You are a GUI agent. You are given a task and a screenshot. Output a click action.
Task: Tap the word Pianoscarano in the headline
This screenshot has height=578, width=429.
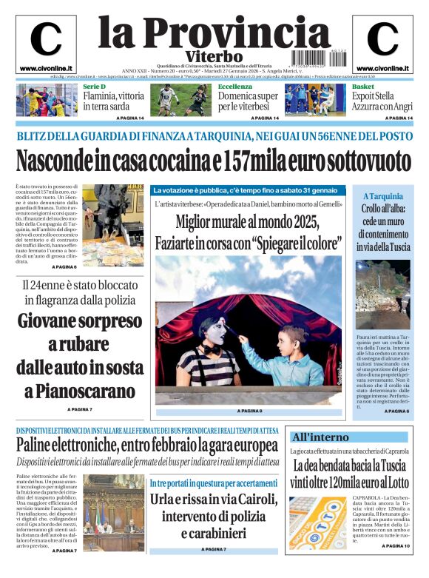[80, 391]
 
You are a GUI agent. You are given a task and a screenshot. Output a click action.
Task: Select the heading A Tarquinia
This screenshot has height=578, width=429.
[383, 196]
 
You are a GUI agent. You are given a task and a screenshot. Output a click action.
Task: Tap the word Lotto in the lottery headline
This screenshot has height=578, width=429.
[396, 483]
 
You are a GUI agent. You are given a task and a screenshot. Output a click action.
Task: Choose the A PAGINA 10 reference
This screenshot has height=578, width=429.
[396, 546]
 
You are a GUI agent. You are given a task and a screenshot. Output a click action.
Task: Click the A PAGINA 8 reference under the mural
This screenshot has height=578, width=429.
[249, 410]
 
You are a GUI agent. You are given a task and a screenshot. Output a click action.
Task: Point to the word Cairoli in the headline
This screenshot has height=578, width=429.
[251, 499]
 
